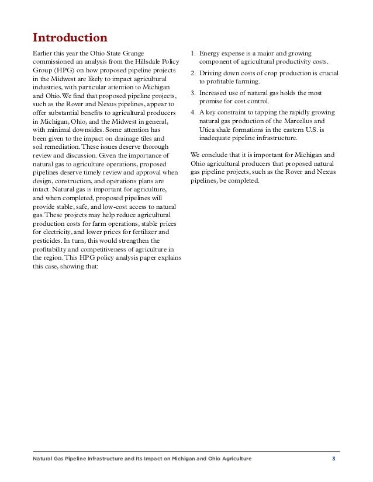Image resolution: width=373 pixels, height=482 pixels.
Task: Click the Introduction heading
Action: [70, 39]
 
